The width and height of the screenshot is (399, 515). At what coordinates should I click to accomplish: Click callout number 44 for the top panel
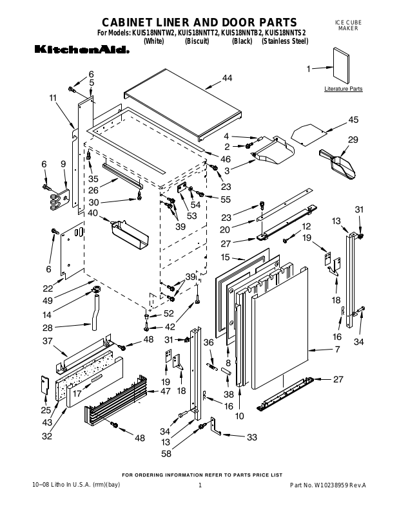tap(227, 79)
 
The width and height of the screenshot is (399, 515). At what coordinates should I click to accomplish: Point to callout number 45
tap(353, 120)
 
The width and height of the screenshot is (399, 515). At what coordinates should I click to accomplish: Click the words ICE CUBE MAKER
tap(349, 26)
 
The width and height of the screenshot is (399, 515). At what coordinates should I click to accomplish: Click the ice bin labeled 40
tap(129, 234)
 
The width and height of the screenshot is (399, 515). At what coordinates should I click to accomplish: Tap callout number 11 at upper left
tap(52, 98)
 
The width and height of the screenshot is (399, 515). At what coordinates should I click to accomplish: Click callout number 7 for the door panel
tap(336, 350)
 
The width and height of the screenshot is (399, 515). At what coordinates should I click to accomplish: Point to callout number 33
tap(252, 437)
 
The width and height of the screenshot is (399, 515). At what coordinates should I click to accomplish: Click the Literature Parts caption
tap(343, 88)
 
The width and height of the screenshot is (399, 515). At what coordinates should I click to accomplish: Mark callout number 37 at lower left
tap(47, 341)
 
